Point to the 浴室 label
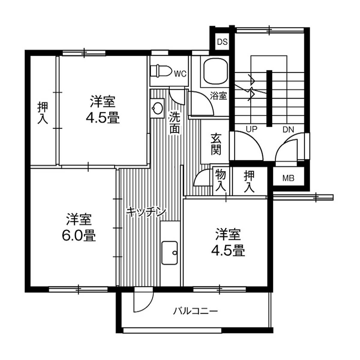tap(218, 96)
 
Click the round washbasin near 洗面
tap(157, 107)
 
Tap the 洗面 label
tap(175, 123)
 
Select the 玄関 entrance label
tap(215, 144)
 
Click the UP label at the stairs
tap(251, 129)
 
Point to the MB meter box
tap(288, 178)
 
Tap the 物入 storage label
tap(220, 180)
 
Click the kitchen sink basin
tap(170, 253)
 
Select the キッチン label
tap(146, 212)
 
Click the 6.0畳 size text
tap(79, 236)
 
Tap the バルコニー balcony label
tap(195, 311)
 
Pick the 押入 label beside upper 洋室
tap(43, 113)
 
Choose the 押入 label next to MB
tap(249, 182)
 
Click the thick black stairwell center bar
tap(269, 98)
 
